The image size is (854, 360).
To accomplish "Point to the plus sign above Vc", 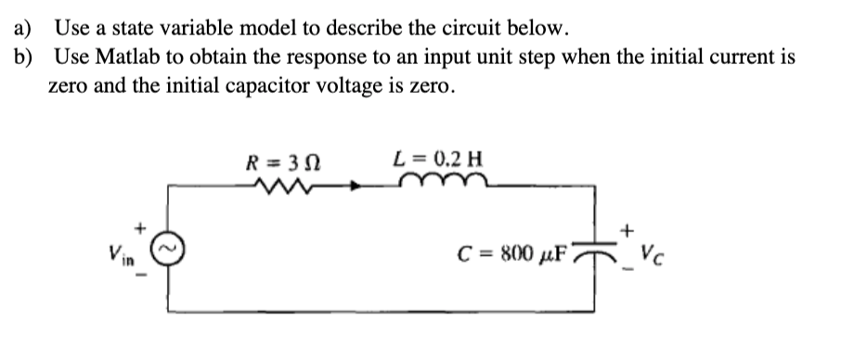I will pos(629,226).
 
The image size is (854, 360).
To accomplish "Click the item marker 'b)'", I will pos(24,57).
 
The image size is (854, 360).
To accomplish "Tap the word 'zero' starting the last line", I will pos(70,87).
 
